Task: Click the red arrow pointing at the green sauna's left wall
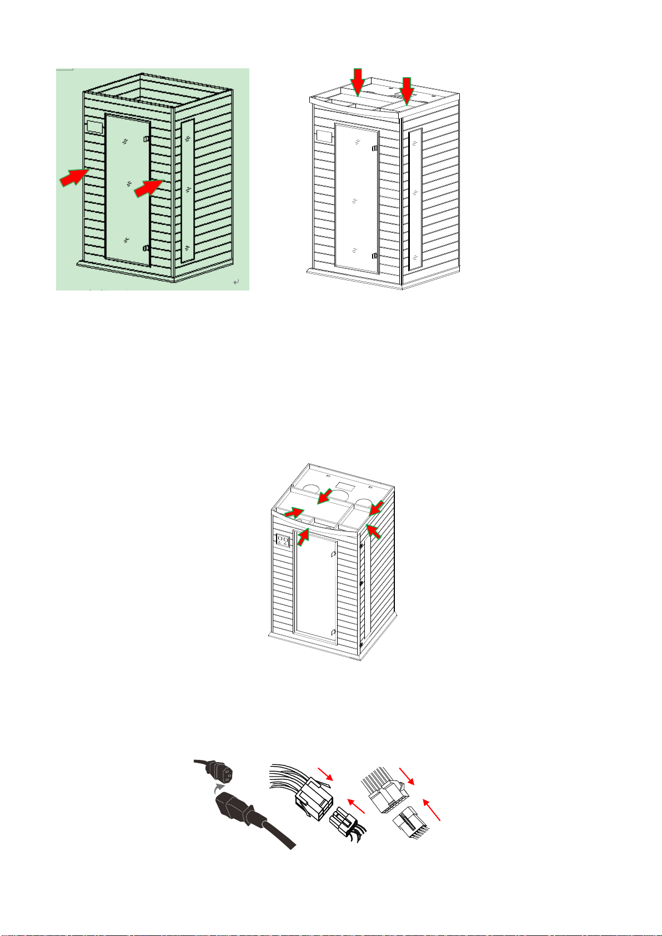point(73,177)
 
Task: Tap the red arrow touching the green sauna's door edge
point(148,187)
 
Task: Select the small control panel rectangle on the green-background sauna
point(94,127)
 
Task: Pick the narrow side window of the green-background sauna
point(188,190)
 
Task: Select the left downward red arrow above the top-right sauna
point(358,81)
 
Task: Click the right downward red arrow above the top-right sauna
point(408,90)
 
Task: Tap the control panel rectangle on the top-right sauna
point(324,135)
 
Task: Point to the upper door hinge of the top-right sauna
point(375,148)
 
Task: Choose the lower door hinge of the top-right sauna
point(375,256)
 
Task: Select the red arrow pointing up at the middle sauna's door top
point(303,535)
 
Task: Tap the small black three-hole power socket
point(220,770)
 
